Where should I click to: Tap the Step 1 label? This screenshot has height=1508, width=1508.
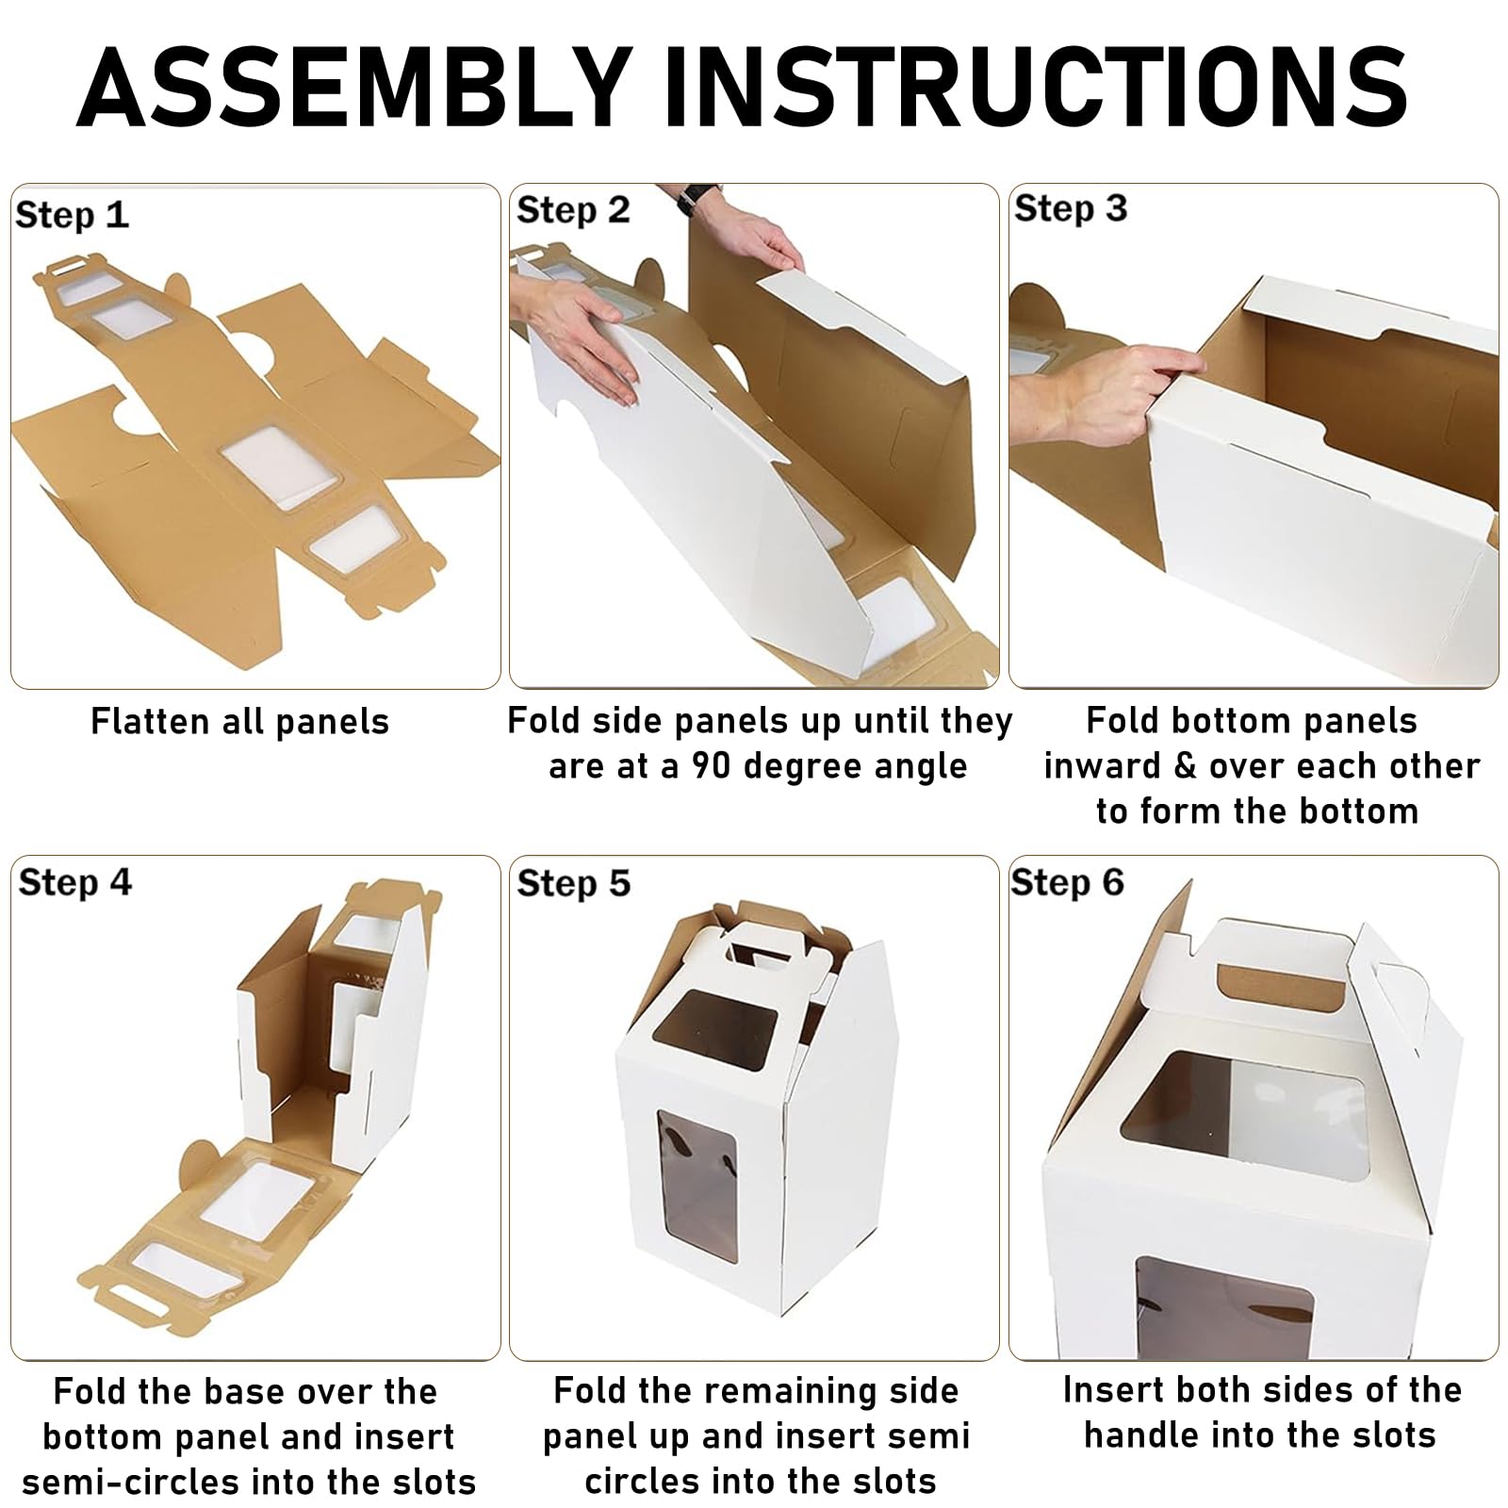pos(72,216)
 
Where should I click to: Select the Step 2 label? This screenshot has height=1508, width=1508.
pos(573,210)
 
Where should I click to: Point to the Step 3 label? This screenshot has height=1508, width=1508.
pos(1071,208)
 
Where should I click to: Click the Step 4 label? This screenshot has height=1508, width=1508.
pos(75,883)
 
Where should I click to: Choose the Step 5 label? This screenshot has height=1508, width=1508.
pos(573,884)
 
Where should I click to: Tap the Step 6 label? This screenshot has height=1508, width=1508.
pos(1068,883)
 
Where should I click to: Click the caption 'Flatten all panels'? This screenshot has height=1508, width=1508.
pos(240,722)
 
